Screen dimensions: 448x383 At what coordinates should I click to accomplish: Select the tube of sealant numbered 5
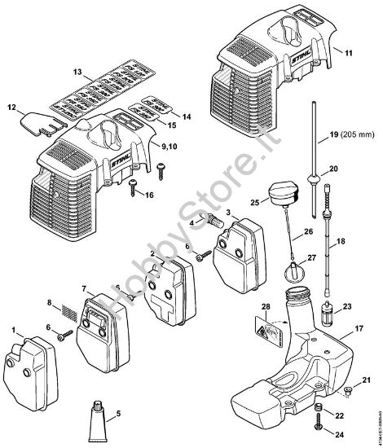coord(102,415)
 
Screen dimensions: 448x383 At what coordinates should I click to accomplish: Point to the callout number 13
coord(78,72)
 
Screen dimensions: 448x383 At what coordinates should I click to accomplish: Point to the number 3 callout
coord(230,213)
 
